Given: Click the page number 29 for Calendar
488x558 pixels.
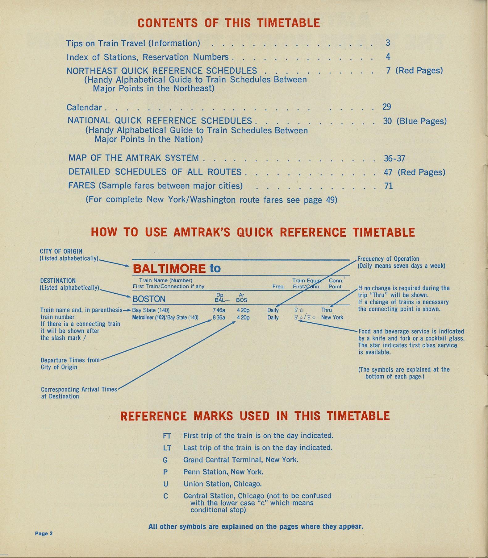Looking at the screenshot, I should click(x=386, y=107).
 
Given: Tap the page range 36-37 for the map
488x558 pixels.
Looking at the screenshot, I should click(x=394, y=158).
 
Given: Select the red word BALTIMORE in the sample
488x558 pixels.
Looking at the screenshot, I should click(x=169, y=269).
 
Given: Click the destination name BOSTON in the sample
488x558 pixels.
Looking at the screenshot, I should click(x=149, y=299).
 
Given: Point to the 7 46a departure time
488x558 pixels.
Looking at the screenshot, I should click(x=219, y=310).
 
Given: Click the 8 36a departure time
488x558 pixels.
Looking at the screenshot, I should click(x=219, y=317).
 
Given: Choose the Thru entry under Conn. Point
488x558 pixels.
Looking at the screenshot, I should click(x=326, y=310).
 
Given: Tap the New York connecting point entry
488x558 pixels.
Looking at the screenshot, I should click(x=332, y=317).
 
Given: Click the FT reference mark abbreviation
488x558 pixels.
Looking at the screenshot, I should click(x=167, y=436).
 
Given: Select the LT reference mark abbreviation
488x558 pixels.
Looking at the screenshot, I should click(x=167, y=448).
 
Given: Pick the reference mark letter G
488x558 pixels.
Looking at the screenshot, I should click(x=165, y=460).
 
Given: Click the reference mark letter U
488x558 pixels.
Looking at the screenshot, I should click(x=165, y=484).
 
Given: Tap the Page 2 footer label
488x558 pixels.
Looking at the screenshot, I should click(x=44, y=533).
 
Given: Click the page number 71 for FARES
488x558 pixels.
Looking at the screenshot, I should click(x=388, y=186).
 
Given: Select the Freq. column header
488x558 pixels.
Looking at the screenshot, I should click(x=278, y=287).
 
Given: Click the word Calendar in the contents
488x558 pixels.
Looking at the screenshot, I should click(x=84, y=107).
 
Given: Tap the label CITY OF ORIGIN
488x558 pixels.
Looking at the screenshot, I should click(x=61, y=251).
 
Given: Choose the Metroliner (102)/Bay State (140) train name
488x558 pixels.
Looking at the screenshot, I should click(x=165, y=317).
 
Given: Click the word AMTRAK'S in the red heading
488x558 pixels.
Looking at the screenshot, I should click(x=202, y=232).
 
